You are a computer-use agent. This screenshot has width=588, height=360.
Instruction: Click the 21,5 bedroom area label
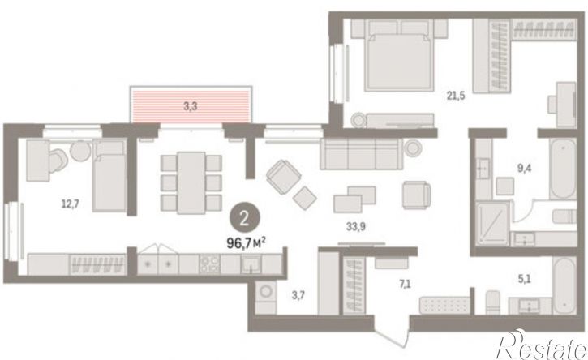coord(456,96)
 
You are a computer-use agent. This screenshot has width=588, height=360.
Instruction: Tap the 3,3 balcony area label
coord(191,106)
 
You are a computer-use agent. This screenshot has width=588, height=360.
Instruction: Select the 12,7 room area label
coord(71,204)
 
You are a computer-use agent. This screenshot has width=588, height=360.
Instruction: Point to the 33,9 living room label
coord(356,226)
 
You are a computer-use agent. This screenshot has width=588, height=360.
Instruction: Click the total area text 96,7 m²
coord(246,243)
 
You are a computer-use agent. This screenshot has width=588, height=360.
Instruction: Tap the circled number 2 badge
coord(244,218)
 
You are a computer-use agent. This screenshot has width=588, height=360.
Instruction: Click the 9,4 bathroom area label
coord(524,169)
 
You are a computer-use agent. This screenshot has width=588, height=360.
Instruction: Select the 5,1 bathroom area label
coord(524,279)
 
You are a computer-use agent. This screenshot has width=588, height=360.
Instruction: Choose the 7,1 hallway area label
coord(405,285)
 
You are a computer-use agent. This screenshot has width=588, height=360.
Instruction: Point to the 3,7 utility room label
coord(298,295)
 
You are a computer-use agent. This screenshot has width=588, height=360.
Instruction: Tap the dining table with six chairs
coord(191,182)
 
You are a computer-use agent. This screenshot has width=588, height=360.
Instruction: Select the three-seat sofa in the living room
coord(361,154)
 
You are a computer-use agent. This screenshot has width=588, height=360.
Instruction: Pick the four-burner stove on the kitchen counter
coord(209,264)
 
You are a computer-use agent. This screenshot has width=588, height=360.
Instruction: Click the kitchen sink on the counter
coord(251,264)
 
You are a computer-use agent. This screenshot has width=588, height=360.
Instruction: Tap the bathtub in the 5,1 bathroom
coord(564,285)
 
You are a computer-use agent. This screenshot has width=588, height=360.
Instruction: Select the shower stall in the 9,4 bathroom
coord(493,224)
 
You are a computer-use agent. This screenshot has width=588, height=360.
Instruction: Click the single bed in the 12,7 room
coord(109,175)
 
